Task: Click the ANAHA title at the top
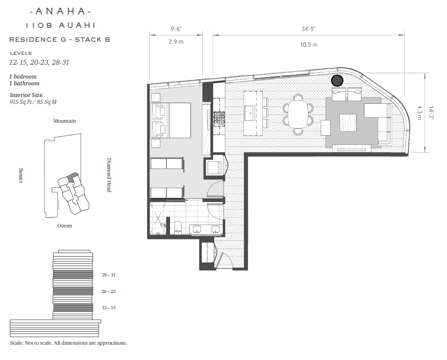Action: [60, 11]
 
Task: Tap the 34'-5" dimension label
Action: [309, 29]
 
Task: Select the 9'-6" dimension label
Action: [176, 29]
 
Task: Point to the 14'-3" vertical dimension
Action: [431, 113]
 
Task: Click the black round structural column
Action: [337, 80]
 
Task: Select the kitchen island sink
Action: [250, 113]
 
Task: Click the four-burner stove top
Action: [220, 119]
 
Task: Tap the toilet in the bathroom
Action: [178, 227]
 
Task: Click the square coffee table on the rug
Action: [348, 122]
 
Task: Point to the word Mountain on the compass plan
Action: [65, 121]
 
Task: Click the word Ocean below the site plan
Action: [65, 226]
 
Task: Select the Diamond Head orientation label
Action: [109, 175]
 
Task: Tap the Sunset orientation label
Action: [21, 176]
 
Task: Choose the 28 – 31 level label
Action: [109, 275]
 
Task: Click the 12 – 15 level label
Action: [109, 307]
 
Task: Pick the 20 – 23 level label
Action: [109, 291]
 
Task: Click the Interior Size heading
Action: [26, 95]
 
